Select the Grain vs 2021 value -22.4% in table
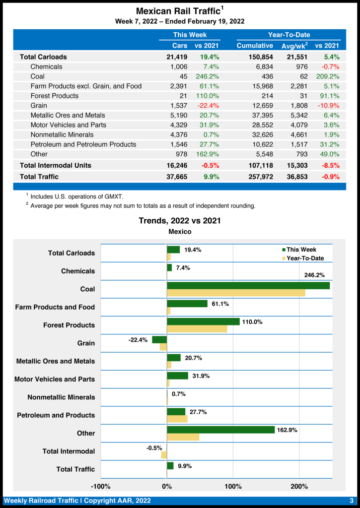point(207,105)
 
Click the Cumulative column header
point(255,46)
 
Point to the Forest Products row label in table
point(54,96)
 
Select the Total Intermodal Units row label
point(55,165)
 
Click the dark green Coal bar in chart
point(248,286)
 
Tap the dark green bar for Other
point(220,430)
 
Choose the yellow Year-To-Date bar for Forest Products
point(197,329)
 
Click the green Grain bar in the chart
point(159,340)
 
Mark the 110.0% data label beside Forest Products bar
point(252,322)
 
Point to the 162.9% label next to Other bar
point(287,430)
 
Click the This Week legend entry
point(301,250)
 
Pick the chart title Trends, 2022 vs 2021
point(180,221)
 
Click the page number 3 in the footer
point(351,501)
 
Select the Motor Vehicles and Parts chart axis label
point(55,379)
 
